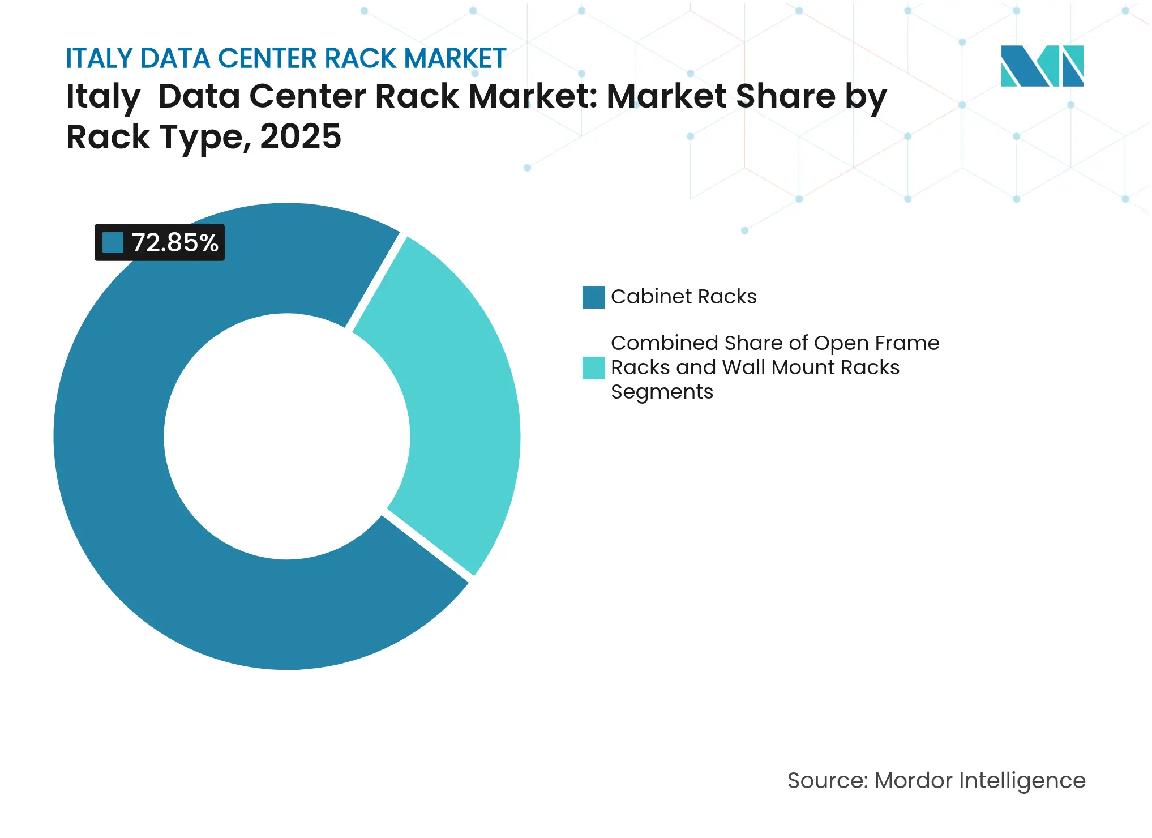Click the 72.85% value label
click(x=174, y=243)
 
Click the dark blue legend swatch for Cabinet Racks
click(x=593, y=297)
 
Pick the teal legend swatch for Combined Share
click(x=593, y=367)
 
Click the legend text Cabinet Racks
click(x=683, y=297)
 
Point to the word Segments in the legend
click(x=662, y=392)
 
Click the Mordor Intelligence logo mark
click(x=1042, y=66)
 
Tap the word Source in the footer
click(x=826, y=780)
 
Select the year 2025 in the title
click(x=300, y=136)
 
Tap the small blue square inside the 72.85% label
click(x=113, y=243)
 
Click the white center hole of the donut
click(x=286, y=436)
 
